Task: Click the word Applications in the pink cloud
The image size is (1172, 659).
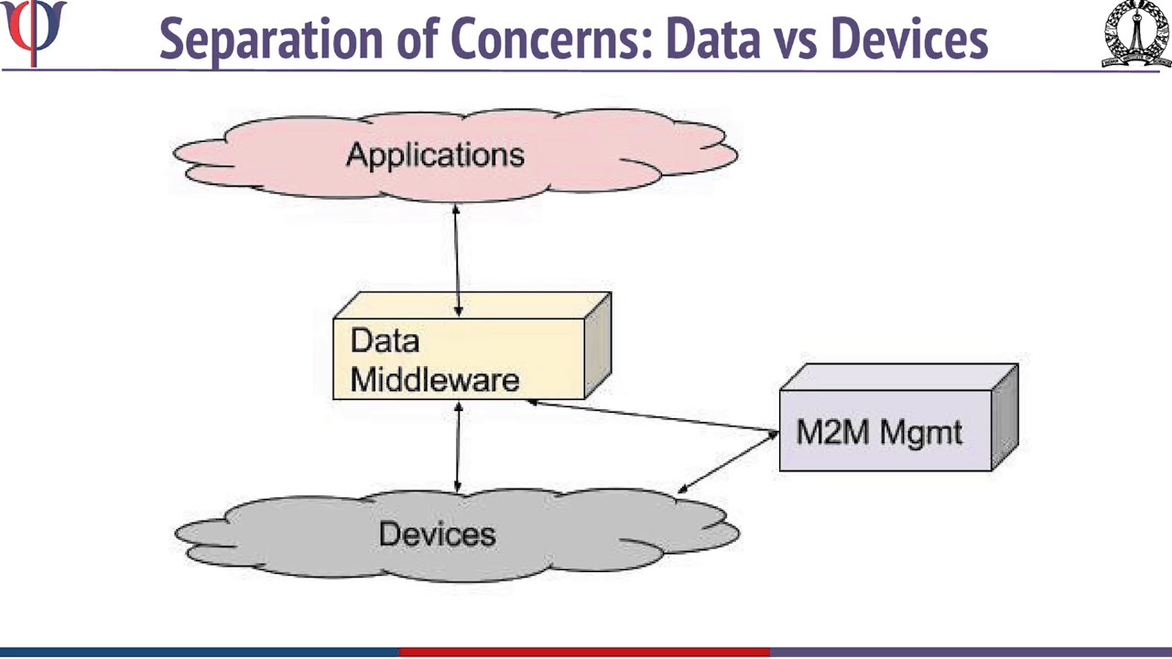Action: point(435,155)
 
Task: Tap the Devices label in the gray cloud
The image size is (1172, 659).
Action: point(437,534)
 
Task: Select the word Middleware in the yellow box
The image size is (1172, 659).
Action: point(435,380)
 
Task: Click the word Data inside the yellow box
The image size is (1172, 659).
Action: point(385,341)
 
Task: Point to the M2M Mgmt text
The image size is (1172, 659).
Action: point(879,432)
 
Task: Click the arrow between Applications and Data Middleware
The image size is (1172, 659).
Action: point(457,261)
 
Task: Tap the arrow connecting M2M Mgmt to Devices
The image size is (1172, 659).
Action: point(729,462)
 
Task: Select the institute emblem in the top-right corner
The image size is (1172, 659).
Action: point(1135,34)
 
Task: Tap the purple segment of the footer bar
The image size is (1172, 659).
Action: point(971,653)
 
